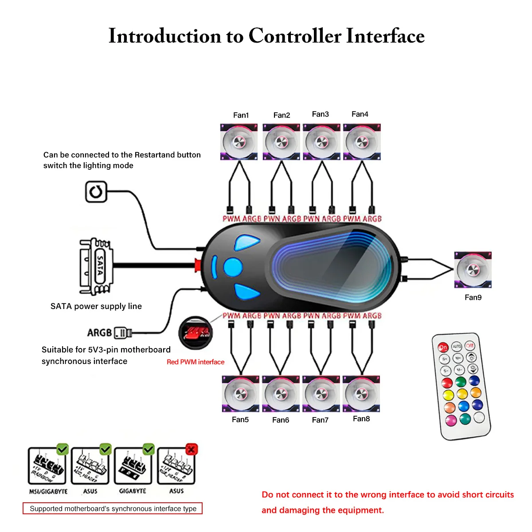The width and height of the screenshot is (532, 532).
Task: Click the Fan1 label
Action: point(241,115)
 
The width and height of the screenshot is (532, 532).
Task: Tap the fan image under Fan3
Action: point(321,142)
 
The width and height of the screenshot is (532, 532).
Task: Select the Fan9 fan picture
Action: point(473,270)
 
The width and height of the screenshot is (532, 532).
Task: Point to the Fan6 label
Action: point(281,420)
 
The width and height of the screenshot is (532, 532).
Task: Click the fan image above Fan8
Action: point(361,394)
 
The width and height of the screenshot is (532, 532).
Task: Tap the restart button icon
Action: point(96,192)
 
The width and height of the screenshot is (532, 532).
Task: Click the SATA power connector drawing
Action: point(96,266)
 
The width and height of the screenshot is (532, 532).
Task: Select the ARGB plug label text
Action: point(99,332)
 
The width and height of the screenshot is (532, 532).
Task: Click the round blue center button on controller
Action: point(233,267)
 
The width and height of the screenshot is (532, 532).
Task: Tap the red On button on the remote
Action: point(443,347)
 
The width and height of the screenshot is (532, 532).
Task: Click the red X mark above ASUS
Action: point(191,449)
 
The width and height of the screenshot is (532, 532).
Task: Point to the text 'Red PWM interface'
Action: point(196,362)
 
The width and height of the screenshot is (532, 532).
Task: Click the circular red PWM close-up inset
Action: point(195,333)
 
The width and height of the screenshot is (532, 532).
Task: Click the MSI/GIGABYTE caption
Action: point(48,491)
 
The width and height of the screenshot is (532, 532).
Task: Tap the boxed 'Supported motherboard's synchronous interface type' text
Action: point(113,509)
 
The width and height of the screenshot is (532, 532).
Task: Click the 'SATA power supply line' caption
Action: point(96,306)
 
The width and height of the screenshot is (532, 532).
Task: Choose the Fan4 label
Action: point(360,114)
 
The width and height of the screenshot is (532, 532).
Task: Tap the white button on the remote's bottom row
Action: point(479,417)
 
